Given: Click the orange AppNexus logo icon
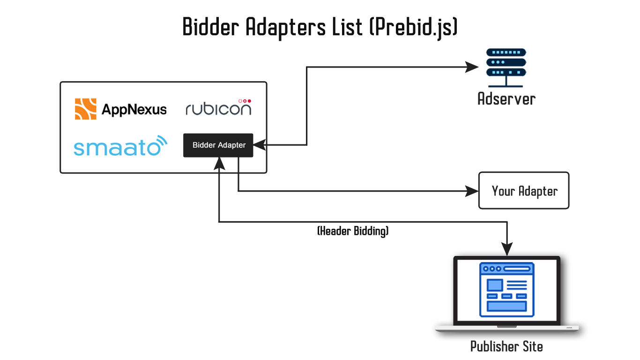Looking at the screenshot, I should pyautogui.click(x=86, y=109).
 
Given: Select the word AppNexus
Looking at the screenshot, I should pyautogui.click(x=134, y=110).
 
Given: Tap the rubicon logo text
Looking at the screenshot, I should pyautogui.click(x=218, y=109).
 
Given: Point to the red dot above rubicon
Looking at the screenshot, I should pyautogui.click(x=249, y=101).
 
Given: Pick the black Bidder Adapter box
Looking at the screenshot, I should pyautogui.click(x=218, y=145).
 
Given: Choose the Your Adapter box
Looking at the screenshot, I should pyautogui.click(x=523, y=190).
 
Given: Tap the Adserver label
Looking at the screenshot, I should pyautogui.click(x=506, y=99).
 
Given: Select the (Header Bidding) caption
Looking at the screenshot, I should pyautogui.click(x=353, y=231).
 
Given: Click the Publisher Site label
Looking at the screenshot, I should pyautogui.click(x=506, y=346).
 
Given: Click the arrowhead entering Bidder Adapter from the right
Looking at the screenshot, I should pyautogui.click(x=258, y=145).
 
